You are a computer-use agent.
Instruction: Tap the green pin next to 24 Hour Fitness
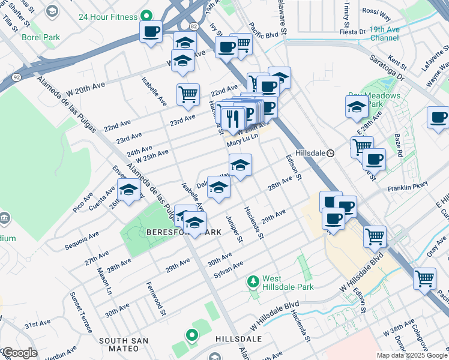145,17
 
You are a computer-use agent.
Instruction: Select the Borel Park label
41,37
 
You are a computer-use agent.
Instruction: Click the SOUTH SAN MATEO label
124,341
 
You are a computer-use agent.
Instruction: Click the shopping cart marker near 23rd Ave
188,94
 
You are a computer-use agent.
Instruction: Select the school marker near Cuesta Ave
128,191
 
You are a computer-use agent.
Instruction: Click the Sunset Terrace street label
81,312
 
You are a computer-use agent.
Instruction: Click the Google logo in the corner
20,353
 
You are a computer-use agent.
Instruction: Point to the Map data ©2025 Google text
411,355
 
